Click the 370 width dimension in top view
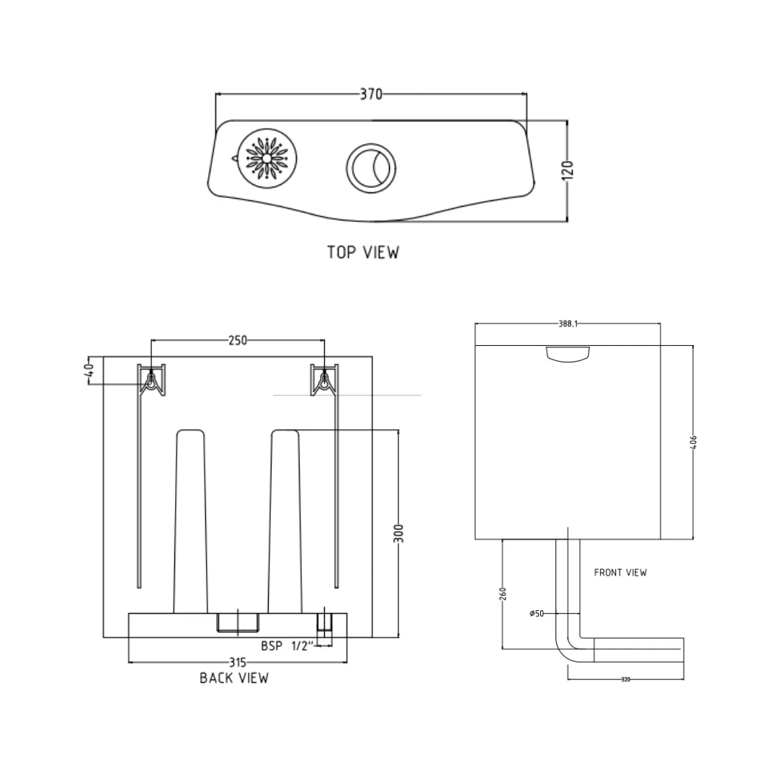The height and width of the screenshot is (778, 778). (x=371, y=94)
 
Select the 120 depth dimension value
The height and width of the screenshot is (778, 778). (x=568, y=171)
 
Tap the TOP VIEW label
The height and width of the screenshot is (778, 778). (x=362, y=252)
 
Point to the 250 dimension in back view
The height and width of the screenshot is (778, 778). (x=237, y=340)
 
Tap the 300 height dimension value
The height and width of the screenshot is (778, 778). (x=399, y=533)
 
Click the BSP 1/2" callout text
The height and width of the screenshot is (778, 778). (x=285, y=646)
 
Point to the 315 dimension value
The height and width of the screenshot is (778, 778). (x=238, y=662)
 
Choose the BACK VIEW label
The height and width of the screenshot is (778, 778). (x=234, y=678)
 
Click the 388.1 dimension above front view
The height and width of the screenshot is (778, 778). (x=568, y=324)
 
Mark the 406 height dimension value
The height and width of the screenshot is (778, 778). (x=694, y=442)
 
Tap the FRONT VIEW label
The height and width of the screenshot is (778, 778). (x=620, y=573)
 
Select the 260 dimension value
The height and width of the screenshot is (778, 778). (x=503, y=594)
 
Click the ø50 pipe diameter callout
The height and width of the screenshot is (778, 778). (x=537, y=614)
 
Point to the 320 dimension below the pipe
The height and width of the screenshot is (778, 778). (x=625, y=679)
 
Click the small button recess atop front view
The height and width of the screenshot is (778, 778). (x=568, y=353)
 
